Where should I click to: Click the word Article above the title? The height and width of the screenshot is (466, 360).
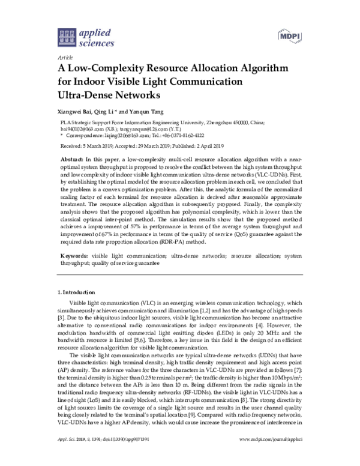(63, 57)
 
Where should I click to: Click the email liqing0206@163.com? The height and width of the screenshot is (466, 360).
(118, 136)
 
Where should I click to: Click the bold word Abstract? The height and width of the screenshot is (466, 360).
(72, 157)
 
